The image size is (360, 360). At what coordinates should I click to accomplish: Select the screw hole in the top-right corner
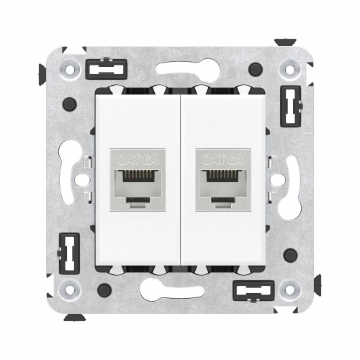coord(291,70)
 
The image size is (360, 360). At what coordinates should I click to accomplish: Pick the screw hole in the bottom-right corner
coord(291,290)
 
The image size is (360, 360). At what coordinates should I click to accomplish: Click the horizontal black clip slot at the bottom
coord(256,291)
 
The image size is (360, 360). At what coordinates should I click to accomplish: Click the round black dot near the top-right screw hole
coord(256,70)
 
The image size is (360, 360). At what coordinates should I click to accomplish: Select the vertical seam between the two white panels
coord(180,180)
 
